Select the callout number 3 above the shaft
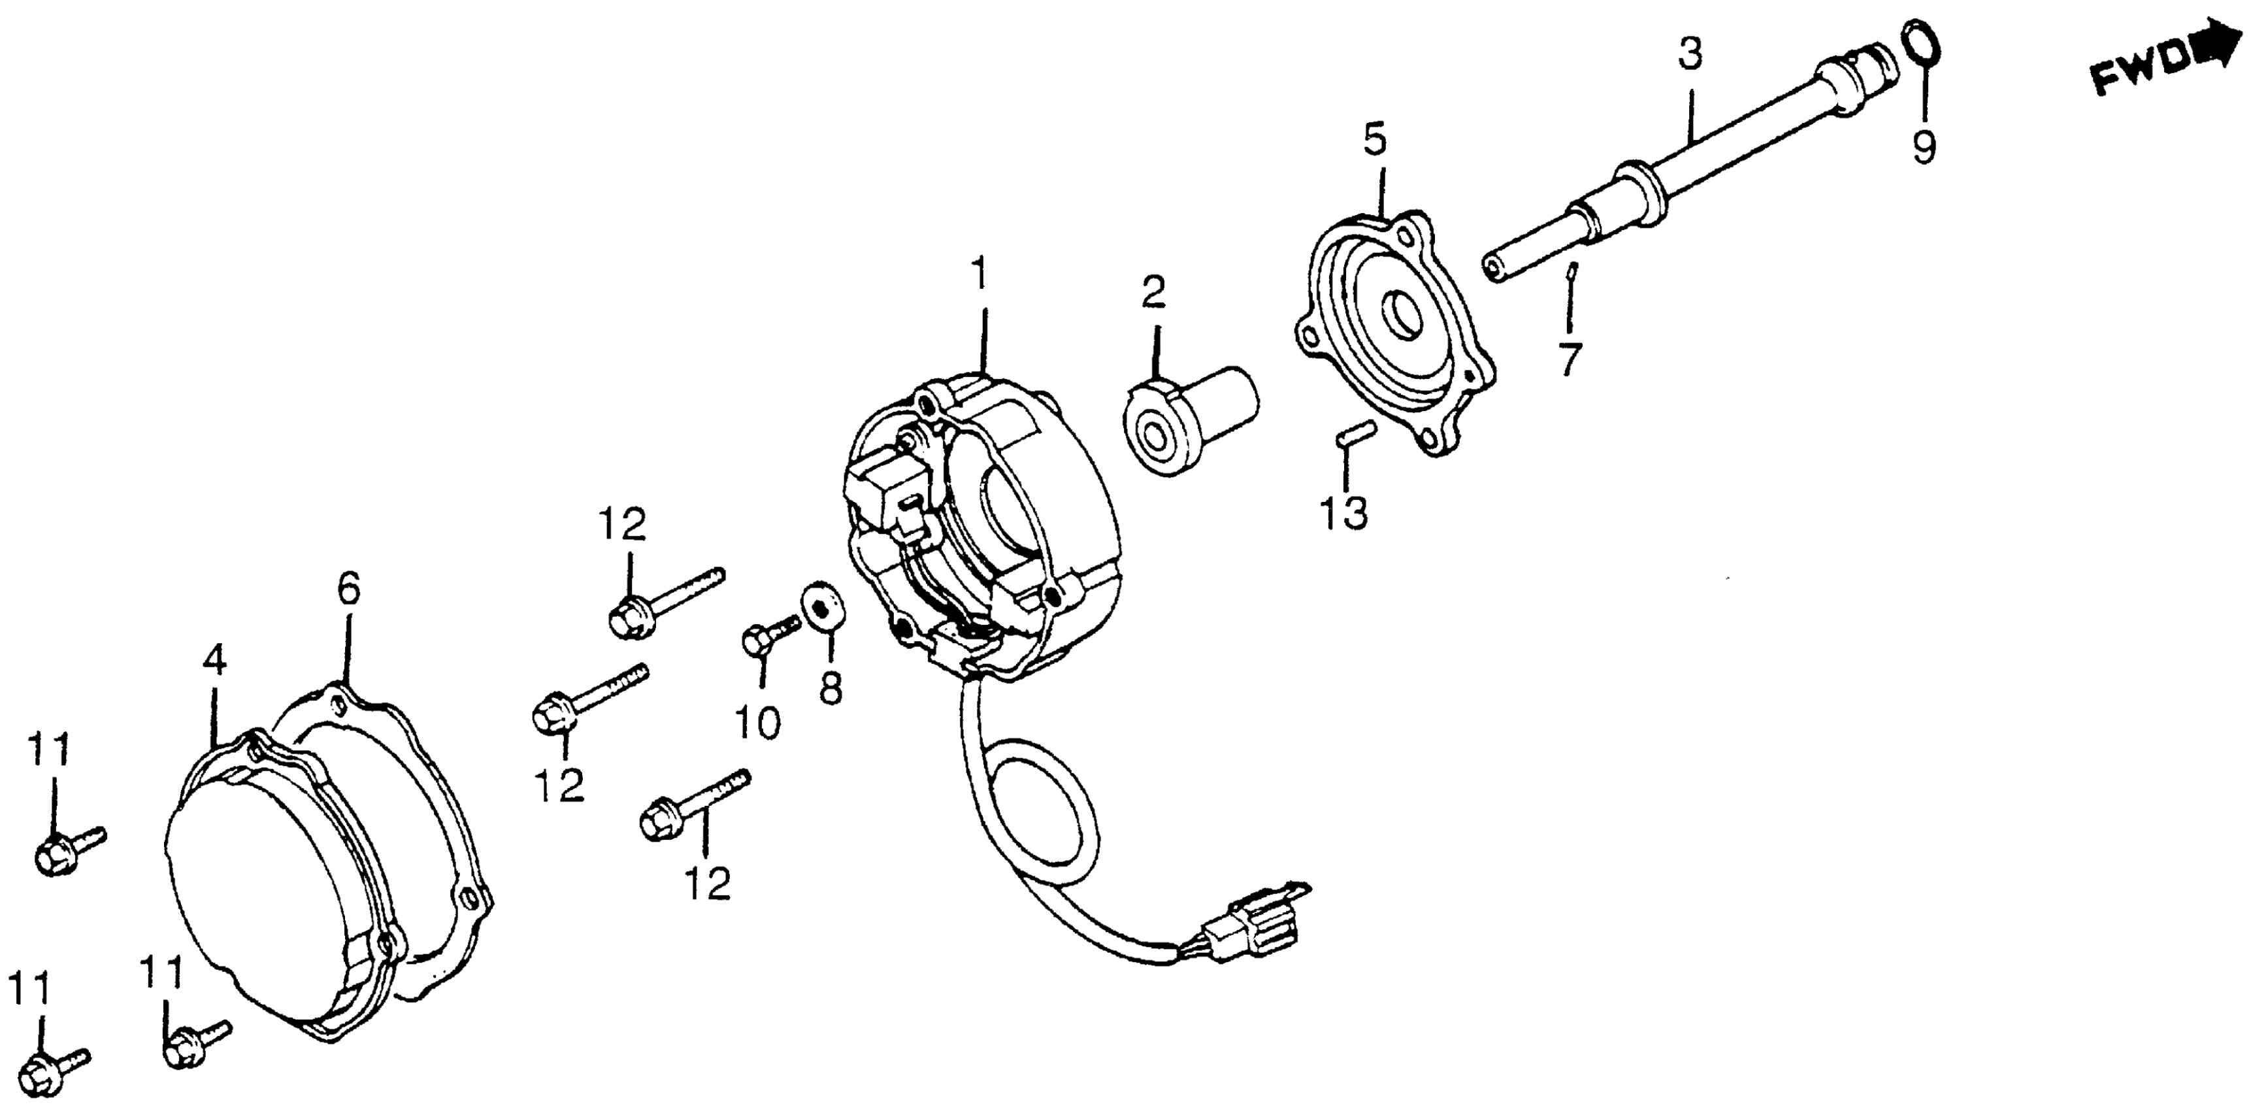(x=1690, y=54)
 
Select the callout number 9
(x=1923, y=147)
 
